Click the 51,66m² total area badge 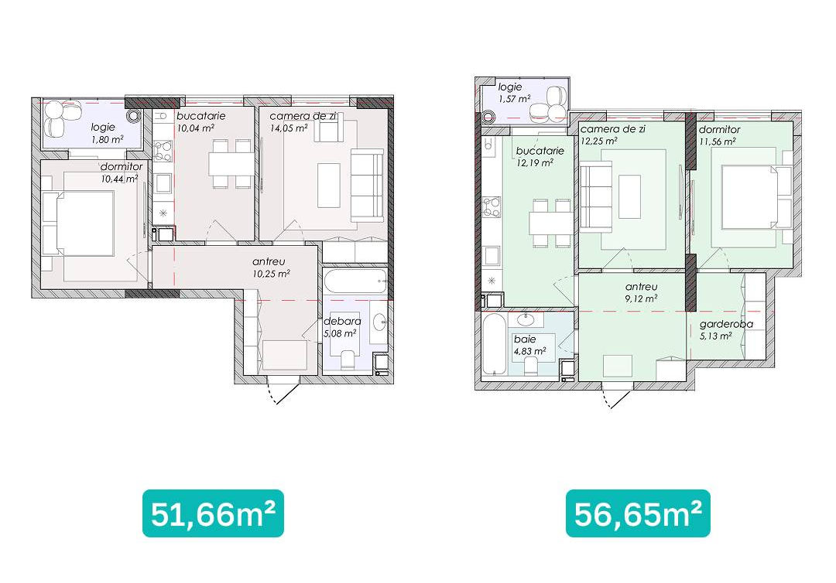coord(214,513)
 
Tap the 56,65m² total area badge coord(638,513)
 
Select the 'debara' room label coord(342,322)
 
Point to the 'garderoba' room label coord(726,324)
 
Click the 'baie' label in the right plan coord(525,339)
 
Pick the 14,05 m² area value coord(289,128)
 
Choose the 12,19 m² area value coord(534,163)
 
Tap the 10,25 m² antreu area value coord(272,274)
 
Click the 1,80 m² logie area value coord(107,139)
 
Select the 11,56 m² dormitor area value coord(717,141)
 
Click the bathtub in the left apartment coord(355,281)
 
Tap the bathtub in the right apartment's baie coord(494,344)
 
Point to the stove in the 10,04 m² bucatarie coord(163,150)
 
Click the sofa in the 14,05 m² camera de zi coord(367,186)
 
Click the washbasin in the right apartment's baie coord(526,319)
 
